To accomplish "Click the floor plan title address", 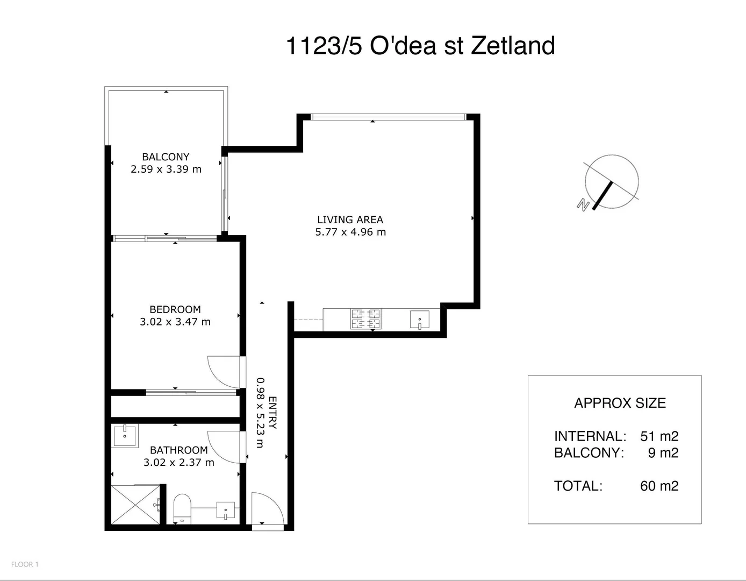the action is tap(420, 46).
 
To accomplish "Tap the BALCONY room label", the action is tap(166, 157).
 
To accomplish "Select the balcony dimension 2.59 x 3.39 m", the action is tap(166, 169).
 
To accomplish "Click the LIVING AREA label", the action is tap(350, 219).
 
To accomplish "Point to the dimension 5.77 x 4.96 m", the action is tap(350, 232).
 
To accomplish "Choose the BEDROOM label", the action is tap(175, 309).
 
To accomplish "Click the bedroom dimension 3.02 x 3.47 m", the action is tap(175, 322).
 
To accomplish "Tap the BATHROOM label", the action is tap(179, 450).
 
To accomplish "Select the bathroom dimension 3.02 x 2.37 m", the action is tap(179, 463).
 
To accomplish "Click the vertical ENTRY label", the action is tap(272, 413).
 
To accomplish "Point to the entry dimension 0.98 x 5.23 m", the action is tap(261, 413).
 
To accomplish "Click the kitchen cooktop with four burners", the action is tap(365, 319).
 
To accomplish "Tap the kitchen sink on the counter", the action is tap(420, 320).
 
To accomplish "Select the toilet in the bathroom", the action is tap(182, 509).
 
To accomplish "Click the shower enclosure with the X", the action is tap(135, 505).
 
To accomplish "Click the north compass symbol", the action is tap(608, 183).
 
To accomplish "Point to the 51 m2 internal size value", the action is tap(659, 436).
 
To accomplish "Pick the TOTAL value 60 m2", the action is tap(659, 486).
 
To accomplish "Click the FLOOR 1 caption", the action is tap(25, 564).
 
